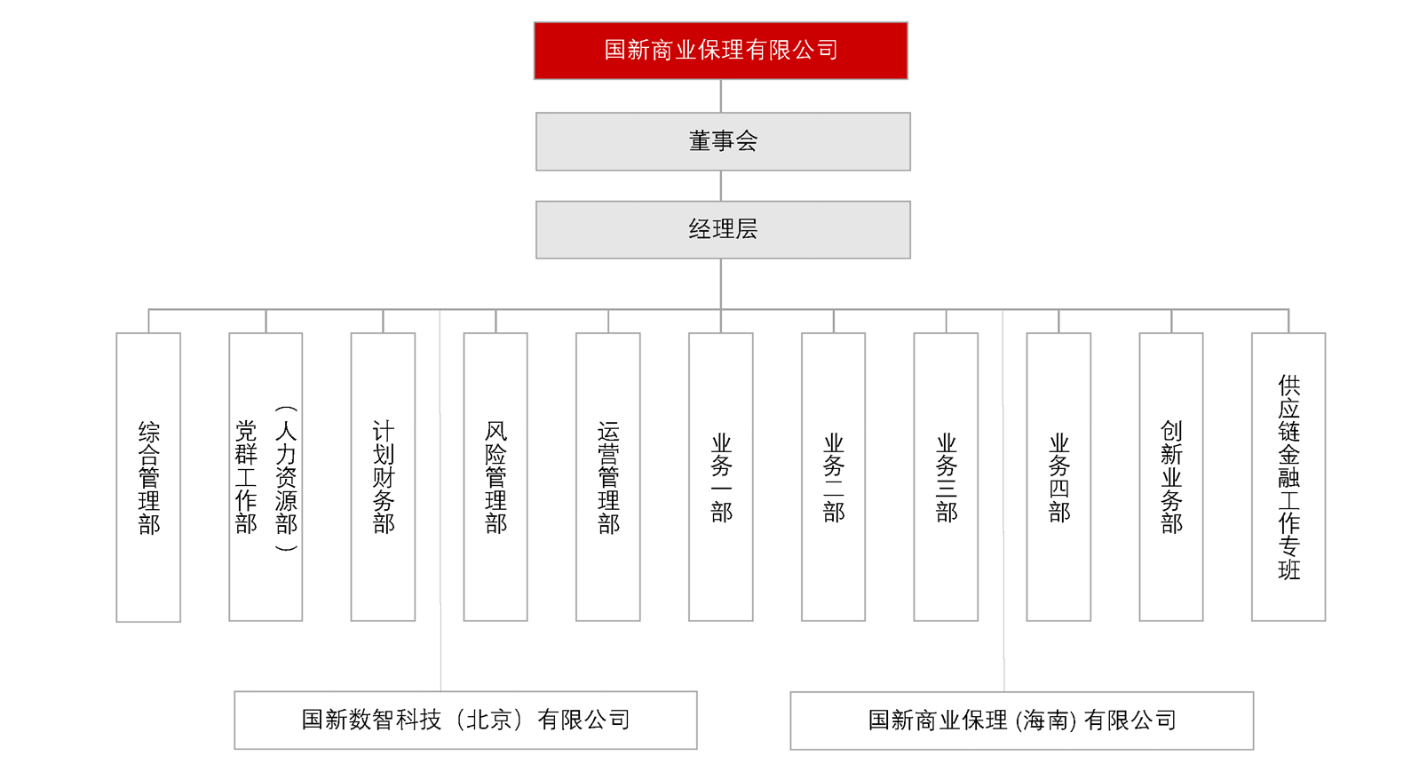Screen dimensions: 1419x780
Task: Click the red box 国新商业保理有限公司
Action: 721,51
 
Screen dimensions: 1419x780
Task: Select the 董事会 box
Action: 723,142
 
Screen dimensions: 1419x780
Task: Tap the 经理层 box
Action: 723,230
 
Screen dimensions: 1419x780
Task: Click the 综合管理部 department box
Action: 148,477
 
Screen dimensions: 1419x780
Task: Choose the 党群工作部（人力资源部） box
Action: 266,477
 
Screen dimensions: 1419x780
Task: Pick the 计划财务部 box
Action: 384,477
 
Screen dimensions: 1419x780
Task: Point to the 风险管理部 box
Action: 495,477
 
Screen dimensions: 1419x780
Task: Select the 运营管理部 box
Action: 608,477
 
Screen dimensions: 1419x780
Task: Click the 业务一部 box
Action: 721,477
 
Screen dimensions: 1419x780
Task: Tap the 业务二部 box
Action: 833,477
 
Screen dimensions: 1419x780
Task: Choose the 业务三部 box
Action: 946,477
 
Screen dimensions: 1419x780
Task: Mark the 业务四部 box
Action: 1058,477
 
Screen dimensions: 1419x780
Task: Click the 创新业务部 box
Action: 1171,477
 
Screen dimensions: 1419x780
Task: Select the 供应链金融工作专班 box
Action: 1288,477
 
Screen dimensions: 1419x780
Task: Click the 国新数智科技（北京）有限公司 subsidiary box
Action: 465,720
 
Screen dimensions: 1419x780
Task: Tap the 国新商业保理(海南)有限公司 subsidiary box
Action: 1022,721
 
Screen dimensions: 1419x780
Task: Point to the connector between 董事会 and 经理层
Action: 721,187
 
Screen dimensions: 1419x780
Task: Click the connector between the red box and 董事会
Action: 721,96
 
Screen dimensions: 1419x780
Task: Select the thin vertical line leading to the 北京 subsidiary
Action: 440,500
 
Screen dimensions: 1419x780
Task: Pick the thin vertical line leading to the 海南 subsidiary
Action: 1003,500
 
